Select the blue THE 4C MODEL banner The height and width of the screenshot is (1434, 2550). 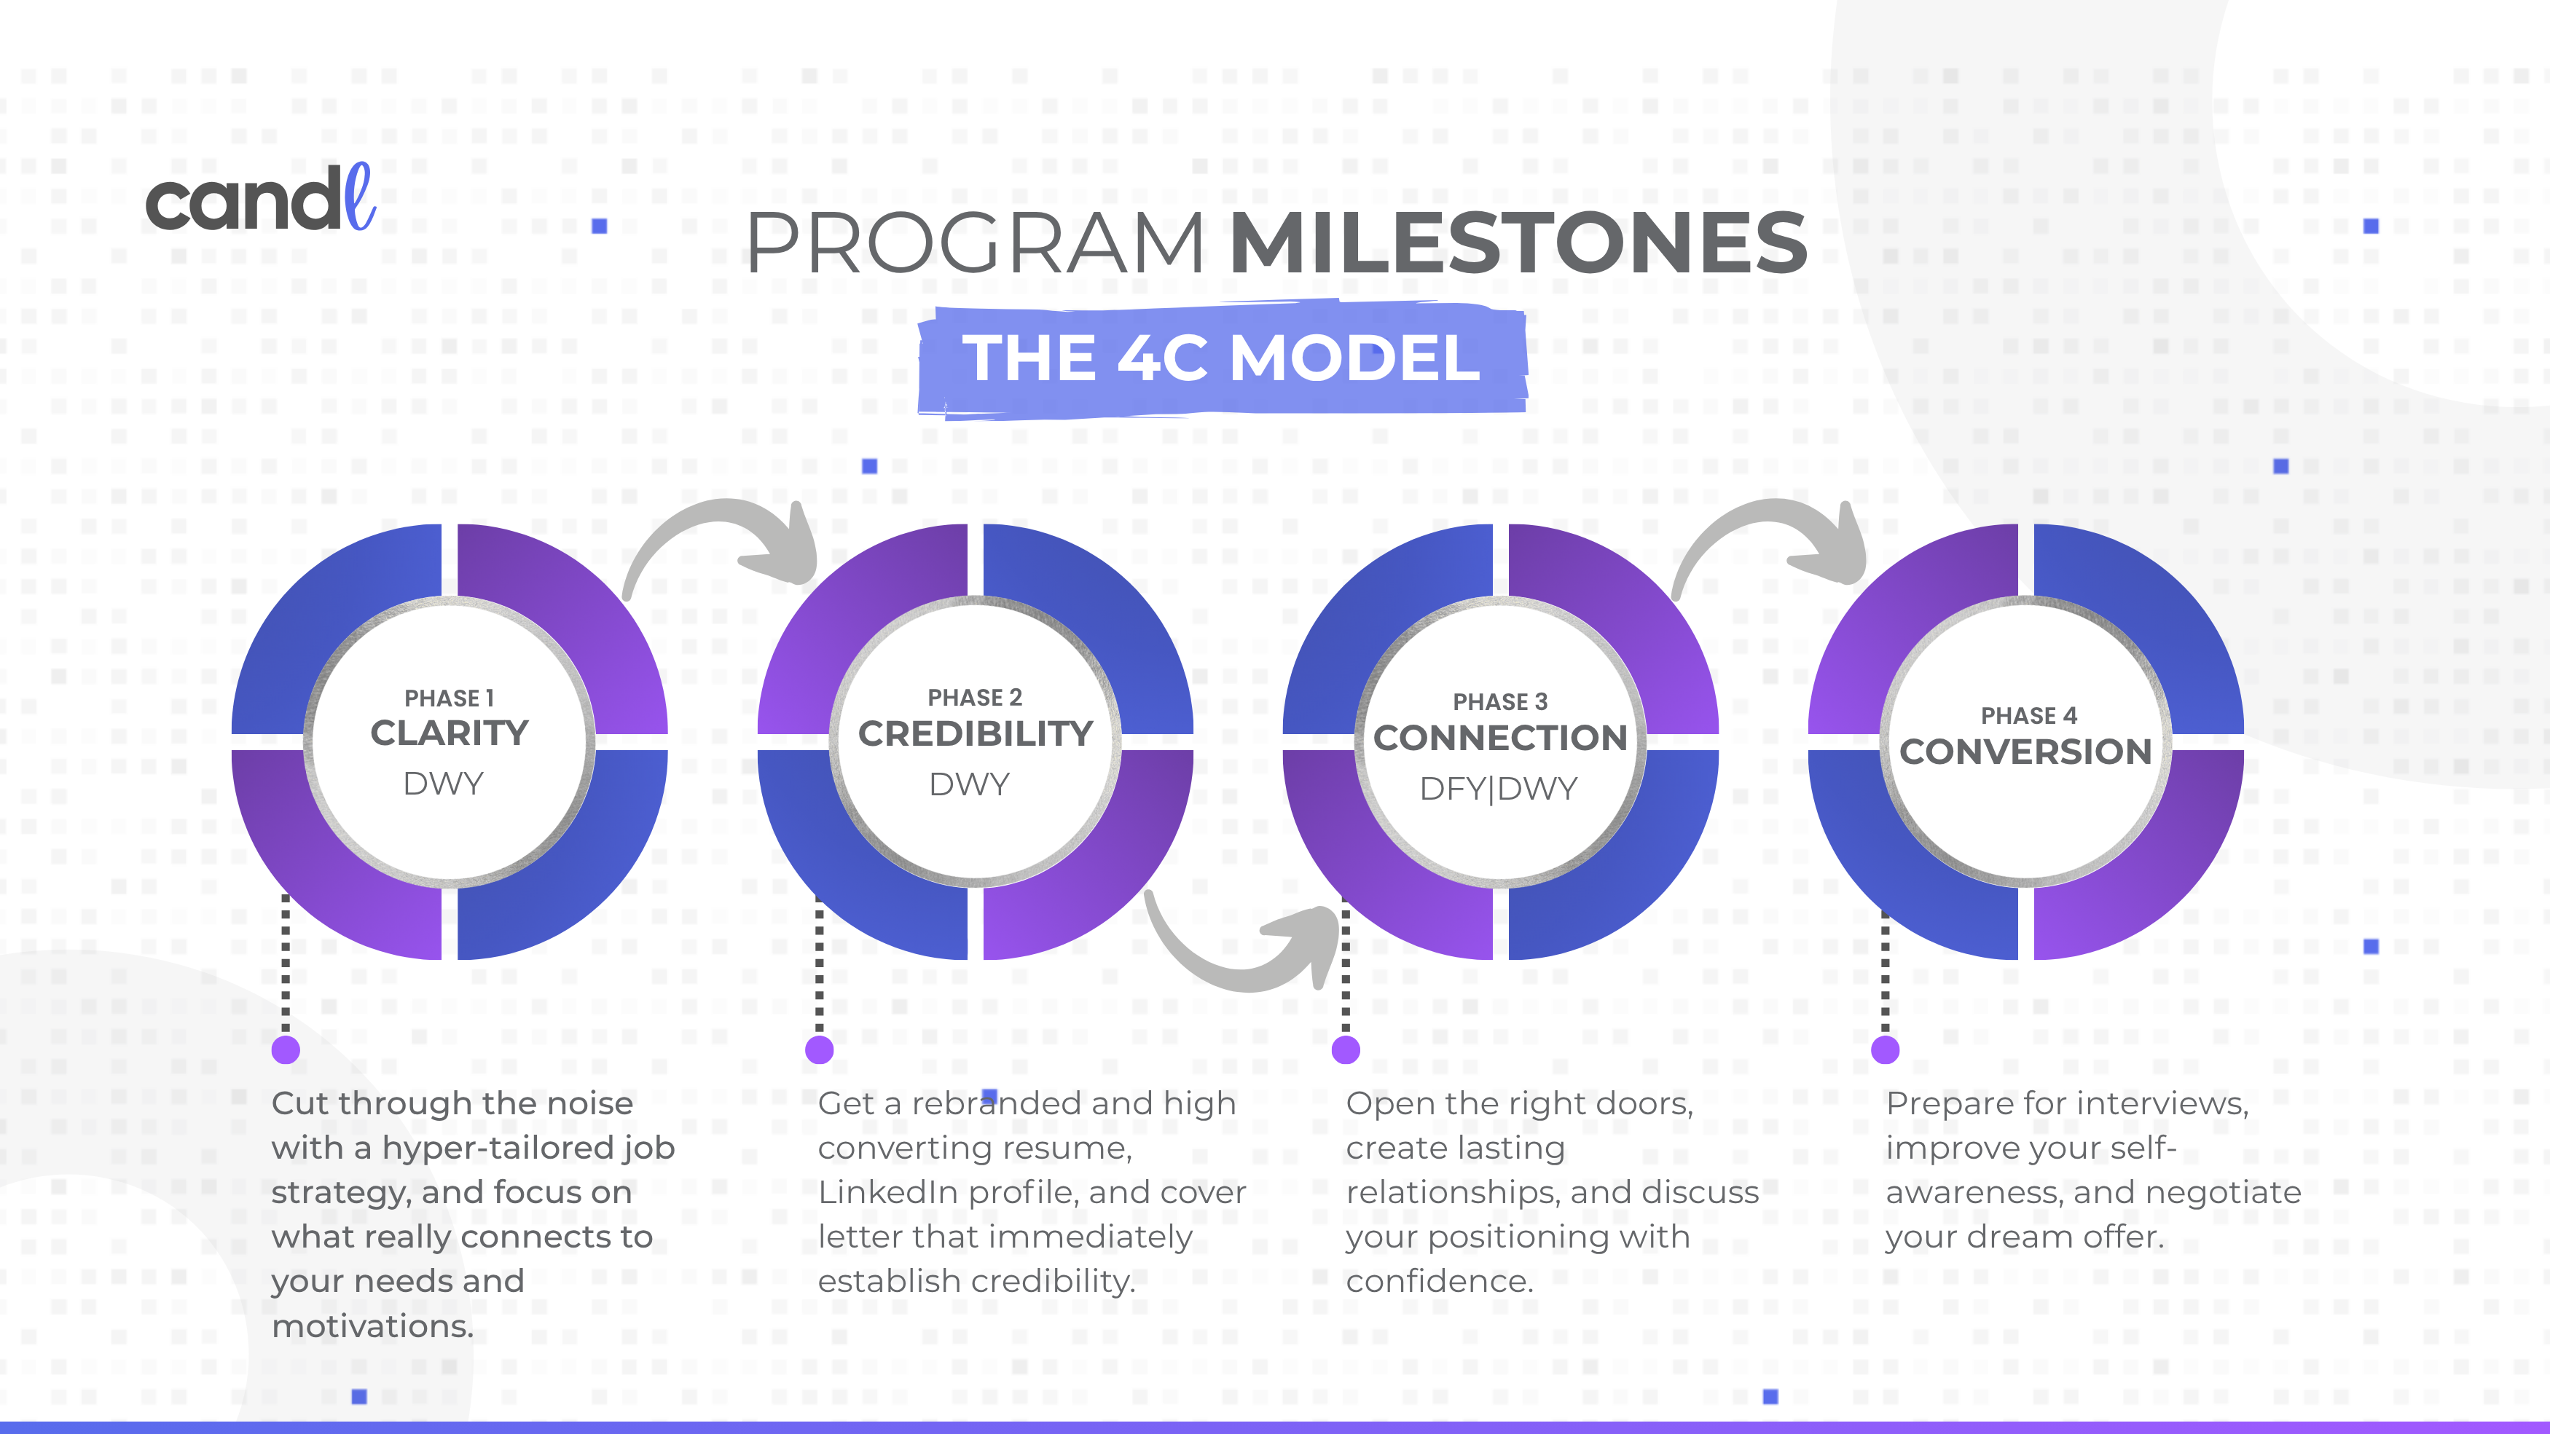[x=1222, y=358]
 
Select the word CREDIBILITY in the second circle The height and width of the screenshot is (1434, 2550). [x=975, y=734]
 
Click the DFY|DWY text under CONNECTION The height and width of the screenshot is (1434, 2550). [x=1499, y=789]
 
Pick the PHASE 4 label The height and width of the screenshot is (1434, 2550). [x=2028, y=715]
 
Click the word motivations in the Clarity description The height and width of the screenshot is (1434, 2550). [x=372, y=1326]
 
